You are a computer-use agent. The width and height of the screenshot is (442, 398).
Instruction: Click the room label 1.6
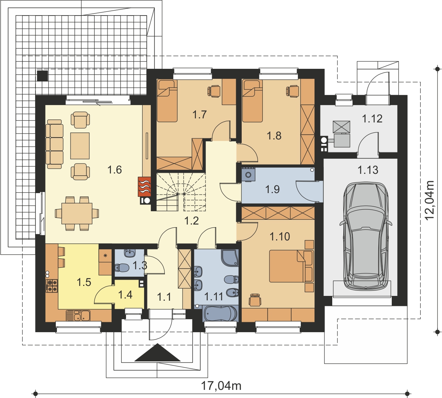coord(115,170)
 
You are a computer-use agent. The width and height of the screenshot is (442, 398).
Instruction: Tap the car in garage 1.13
coord(365,236)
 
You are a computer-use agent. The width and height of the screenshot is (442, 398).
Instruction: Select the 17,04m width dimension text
coord(221,385)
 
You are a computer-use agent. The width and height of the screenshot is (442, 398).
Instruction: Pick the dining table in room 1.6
coord(77,213)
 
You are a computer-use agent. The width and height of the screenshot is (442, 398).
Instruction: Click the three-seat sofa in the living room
coord(55,144)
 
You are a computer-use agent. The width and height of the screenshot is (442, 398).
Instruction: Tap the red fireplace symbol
coord(144,186)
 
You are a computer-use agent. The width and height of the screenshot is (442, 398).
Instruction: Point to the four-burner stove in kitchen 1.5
coord(52,285)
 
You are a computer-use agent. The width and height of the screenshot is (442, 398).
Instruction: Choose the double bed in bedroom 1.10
coord(291,266)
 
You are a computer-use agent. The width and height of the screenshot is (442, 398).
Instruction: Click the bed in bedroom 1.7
coord(167,101)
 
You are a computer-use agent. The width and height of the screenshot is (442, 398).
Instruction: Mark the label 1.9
coord(273,189)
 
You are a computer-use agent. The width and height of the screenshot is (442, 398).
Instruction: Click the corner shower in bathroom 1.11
coord(230,258)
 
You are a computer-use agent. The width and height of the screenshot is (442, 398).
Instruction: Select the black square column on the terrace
coord(42,75)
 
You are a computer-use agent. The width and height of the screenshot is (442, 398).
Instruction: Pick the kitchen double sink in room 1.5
coord(78,316)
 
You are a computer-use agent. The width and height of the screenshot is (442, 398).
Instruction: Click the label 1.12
coord(372,119)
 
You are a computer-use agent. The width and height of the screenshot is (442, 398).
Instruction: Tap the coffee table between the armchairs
coord(80,146)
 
